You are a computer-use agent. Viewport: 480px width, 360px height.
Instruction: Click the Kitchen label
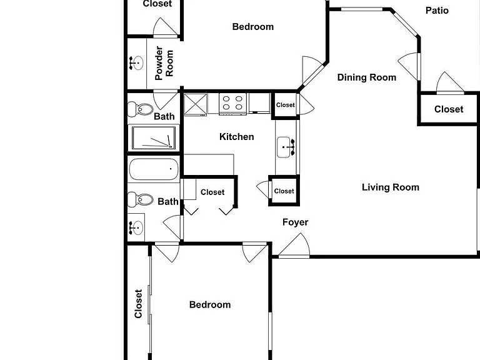pos(237,136)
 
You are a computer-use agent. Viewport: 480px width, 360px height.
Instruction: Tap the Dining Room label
pos(367,77)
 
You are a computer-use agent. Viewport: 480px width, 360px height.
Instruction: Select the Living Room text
pos(391,187)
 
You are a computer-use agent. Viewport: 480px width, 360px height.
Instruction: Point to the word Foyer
pos(296,222)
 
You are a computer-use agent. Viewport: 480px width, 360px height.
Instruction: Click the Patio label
pos(437,11)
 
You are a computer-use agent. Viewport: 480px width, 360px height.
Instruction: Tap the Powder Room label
pos(164,63)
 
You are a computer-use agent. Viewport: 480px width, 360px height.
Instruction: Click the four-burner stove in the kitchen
pos(232,104)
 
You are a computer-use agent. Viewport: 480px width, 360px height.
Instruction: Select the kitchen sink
pos(286,147)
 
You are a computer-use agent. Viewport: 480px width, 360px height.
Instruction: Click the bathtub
pos(154,169)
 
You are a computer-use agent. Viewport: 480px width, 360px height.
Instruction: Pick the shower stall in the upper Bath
pos(154,138)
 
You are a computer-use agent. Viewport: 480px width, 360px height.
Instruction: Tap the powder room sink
pos(136,63)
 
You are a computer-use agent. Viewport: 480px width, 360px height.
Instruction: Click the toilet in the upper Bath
pos(141,109)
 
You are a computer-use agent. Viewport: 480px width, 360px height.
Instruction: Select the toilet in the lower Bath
pos(141,199)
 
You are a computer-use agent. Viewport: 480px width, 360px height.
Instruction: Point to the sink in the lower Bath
pos(136,228)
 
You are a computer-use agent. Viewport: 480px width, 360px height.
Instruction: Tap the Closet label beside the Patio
pos(449,109)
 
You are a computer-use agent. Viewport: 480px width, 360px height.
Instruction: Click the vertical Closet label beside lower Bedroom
pos(138,304)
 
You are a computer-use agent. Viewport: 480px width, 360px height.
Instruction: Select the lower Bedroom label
pos(210,305)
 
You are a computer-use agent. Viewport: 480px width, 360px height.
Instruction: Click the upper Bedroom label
pos(253,27)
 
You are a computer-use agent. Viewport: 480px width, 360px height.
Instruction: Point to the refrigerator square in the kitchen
pos(196,105)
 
